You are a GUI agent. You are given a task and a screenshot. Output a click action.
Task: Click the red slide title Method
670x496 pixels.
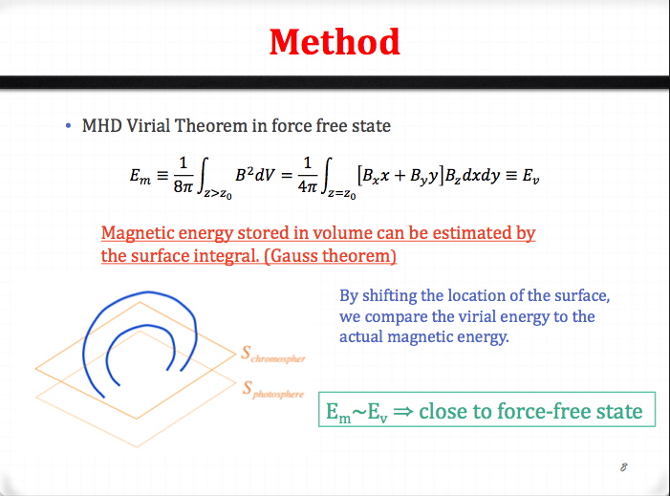(335, 42)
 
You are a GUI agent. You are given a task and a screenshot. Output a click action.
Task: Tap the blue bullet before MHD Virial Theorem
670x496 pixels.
(69, 125)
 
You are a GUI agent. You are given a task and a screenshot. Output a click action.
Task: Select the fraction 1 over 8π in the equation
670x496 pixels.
(184, 174)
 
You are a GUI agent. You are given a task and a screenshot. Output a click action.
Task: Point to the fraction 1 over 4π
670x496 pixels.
(307, 174)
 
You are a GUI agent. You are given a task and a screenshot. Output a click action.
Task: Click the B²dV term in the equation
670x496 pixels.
(254, 174)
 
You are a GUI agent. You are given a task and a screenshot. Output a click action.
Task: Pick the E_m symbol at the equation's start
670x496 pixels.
(140, 176)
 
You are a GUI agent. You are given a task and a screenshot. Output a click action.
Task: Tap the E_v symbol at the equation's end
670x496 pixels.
(530, 176)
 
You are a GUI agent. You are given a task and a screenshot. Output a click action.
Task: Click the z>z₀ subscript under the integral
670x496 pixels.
(218, 194)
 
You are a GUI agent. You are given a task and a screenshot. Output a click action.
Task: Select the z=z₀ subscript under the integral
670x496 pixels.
(342, 194)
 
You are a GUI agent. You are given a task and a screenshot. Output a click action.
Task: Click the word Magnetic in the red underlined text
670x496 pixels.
(138, 233)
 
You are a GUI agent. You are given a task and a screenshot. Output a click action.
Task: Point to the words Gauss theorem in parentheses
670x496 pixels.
(334, 256)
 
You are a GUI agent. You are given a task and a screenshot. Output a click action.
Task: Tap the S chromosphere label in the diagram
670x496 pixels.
(273, 355)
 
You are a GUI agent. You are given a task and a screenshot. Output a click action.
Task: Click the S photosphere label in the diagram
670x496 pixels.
(273, 390)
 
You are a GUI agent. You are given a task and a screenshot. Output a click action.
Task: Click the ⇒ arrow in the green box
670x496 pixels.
(403, 411)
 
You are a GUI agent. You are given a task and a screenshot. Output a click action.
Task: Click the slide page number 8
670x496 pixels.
(624, 467)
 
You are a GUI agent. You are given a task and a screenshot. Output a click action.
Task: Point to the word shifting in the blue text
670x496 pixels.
(390, 296)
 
